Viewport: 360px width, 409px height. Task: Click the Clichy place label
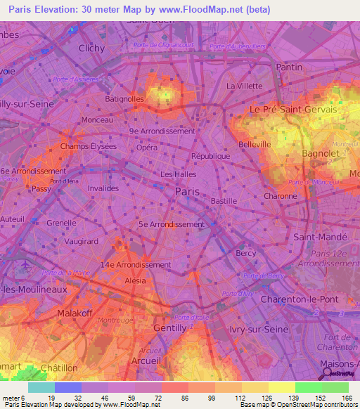92,48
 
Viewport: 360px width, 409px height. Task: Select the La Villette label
244,86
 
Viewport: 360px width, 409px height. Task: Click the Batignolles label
124,99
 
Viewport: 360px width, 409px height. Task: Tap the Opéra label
147,148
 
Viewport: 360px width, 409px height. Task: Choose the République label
211,156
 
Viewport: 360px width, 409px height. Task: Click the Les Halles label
176,174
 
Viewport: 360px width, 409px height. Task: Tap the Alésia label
135,280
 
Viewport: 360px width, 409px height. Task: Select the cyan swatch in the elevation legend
41,387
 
